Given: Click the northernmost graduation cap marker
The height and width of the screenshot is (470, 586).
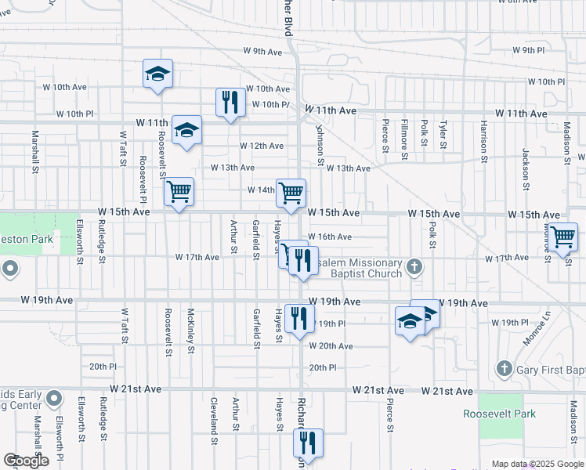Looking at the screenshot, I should [157, 74].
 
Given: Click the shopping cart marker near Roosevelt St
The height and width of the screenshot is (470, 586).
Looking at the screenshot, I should [179, 191].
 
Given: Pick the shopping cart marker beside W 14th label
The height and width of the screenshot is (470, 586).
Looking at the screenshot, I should [291, 193].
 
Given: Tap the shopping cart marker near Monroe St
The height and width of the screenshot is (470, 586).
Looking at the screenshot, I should [562, 237].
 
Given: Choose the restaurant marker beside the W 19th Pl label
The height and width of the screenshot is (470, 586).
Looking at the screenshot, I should [296, 318].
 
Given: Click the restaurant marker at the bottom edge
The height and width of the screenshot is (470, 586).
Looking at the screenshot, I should [308, 443].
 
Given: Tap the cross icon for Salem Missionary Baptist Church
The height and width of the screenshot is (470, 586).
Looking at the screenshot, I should [415, 268].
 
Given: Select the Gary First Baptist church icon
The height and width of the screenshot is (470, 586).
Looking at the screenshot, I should [504, 368].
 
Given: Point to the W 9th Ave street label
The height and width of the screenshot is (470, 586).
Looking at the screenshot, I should [262, 52].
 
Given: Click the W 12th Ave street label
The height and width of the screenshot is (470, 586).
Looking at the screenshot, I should [262, 146].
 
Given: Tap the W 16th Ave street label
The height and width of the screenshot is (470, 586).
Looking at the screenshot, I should [330, 237].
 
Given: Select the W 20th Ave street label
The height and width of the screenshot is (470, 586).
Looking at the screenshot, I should [331, 346].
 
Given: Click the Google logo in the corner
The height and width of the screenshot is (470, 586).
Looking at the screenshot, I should [27, 461].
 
